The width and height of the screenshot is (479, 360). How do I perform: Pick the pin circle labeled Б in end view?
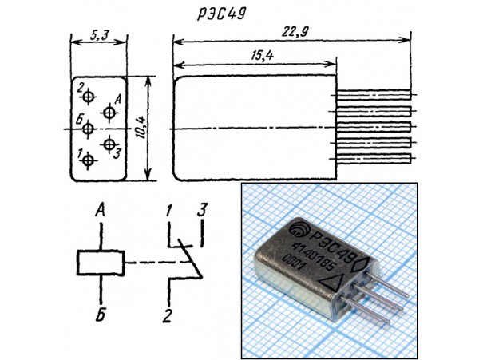[x=89, y=128]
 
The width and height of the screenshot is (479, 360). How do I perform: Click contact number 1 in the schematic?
[x=168, y=212]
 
